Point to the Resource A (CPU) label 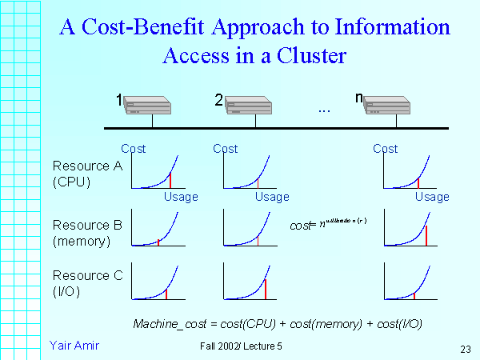pos(82,173)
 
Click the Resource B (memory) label pos(86,232)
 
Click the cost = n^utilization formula pos(328,226)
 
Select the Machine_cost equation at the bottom pos(278,323)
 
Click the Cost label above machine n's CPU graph pos(386,149)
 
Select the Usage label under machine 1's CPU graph pos(181,197)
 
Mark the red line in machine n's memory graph pos(426,235)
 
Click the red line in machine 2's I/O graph pos(266,289)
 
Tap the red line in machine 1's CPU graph pos(170,180)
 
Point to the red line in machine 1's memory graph pos(158,242)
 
